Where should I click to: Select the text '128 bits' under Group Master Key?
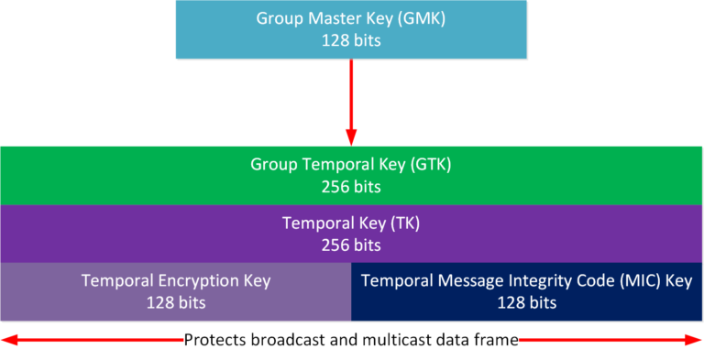(351, 40)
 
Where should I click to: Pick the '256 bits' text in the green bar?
(351, 187)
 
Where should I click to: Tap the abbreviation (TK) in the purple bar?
(406, 223)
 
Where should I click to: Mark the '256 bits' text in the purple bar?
(351, 245)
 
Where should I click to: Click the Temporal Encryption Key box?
(175, 291)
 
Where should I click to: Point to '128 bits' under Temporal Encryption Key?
(175, 302)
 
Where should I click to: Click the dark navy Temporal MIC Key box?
(527, 291)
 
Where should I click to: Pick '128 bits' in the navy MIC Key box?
(527, 302)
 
